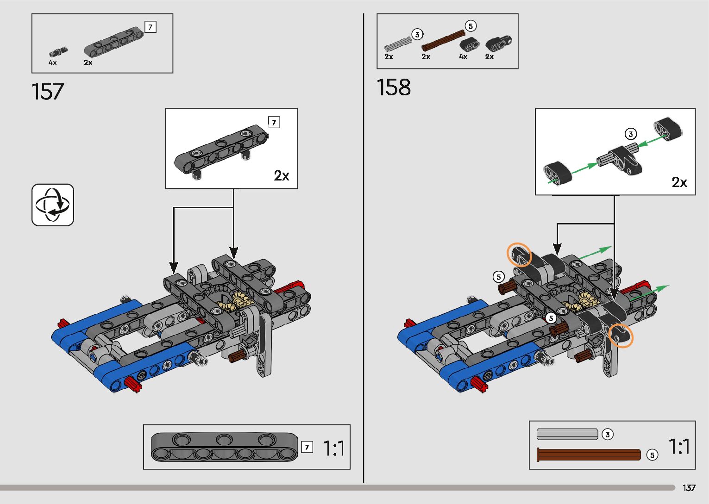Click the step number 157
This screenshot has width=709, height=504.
pyautogui.click(x=48, y=92)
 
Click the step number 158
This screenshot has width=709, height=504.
pyautogui.click(x=394, y=87)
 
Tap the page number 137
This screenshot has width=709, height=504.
pyautogui.click(x=689, y=488)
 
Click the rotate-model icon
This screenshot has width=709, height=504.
pyautogui.click(x=53, y=205)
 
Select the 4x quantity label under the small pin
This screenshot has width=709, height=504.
pyautogui.click(x=53, y=62)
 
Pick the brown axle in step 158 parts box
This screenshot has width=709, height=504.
pyautogui.click(x=443, y=40)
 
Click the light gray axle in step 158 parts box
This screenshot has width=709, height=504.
pyautogui.click(x=398, y=43)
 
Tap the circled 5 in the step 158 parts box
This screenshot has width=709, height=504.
pyautogui.click(x=471, y=26)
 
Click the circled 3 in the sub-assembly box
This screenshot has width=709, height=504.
pyautogui.click(x=631, y=134)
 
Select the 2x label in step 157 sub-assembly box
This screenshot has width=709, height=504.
pyautogui.click(x=281, y=176)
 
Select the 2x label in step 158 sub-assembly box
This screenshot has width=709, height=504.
pyautogui.click(x=679, y=182)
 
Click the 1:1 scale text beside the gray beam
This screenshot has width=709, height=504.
pyautogui.click(x=333, y=448)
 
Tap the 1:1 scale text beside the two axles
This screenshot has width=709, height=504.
pyautogui.click(x=679, y=447)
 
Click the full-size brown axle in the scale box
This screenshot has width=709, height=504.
pyautogui.click(x=588, y=454)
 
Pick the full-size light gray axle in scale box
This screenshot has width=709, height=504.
pyautogui.click(x=567, y=434)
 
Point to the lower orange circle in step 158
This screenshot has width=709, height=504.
pyautogui.click(x=621, y=336)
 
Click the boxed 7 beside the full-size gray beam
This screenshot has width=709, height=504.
pyautogui.click(x=307, y=447)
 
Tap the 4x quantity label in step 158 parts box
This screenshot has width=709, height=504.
pyautogui.click(x=463, y=57)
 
